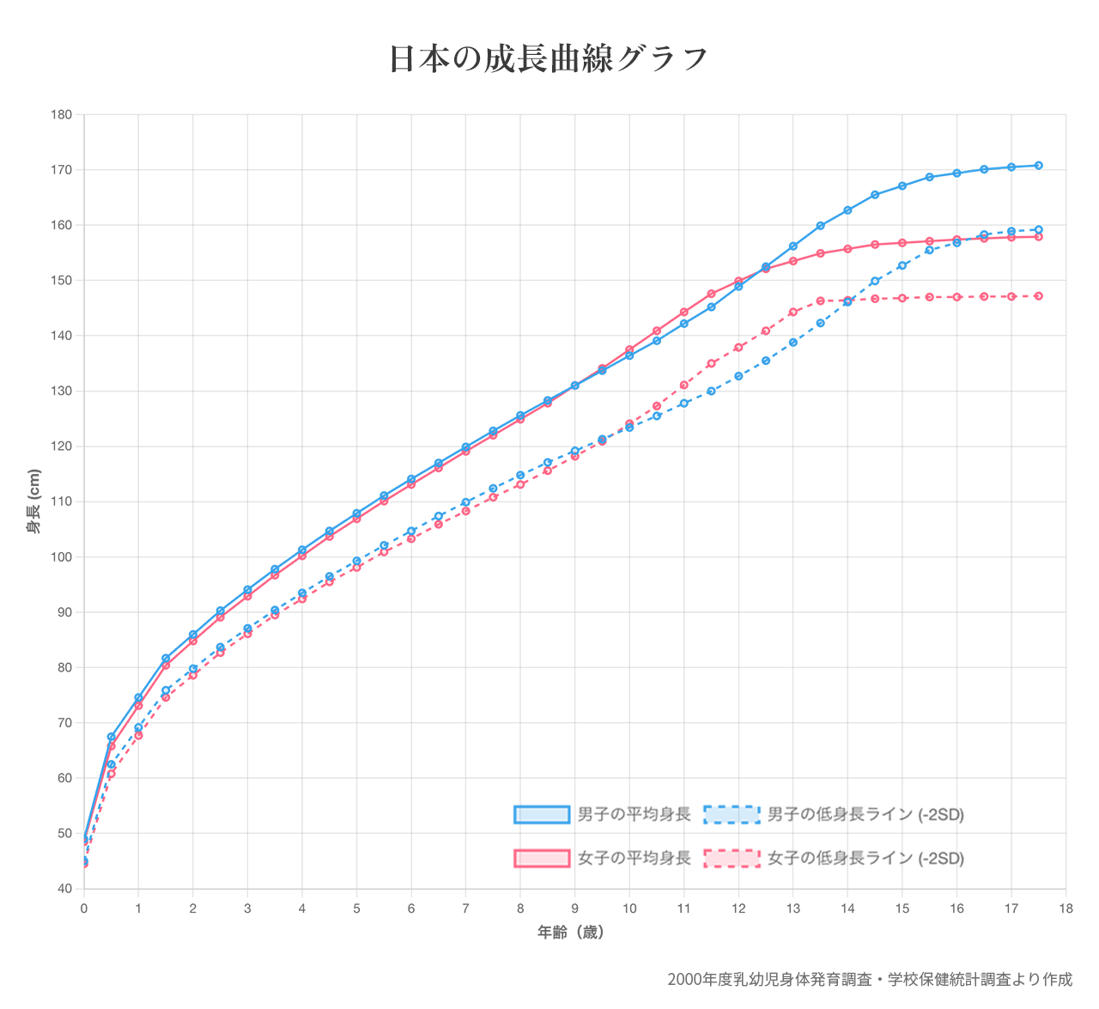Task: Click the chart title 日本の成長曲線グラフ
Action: pos(549,58)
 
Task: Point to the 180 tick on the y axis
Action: pos(65,114)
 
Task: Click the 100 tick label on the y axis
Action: pos(65,557)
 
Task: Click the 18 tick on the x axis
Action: pos(1066,908)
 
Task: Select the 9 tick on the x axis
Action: pos(574,908)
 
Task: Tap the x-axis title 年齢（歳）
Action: pos(571,932)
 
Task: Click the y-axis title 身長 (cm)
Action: pos(33,501)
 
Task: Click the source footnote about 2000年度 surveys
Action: pos(869,979)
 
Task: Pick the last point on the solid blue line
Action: pos(1038,165)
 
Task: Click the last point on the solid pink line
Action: pos(1038,236)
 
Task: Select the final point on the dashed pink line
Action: pos(1038,295)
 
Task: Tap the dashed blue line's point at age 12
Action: pos(738,375)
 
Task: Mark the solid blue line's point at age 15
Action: pos(902,185)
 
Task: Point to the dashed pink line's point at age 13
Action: pos(792,312)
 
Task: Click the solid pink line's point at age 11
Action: pos(683,312)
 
